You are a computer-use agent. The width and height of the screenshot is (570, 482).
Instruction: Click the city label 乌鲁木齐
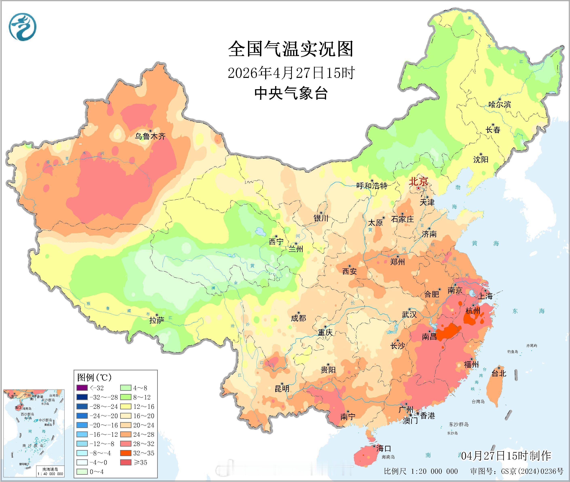tap(150, 136)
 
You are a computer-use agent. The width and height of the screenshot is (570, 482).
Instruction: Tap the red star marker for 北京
tap(418, 189)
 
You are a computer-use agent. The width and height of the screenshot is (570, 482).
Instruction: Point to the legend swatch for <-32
tap(82, 388)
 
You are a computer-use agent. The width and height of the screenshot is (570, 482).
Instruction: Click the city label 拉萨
tap(157, 320)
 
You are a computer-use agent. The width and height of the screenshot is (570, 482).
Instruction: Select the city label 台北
tap(499, 373)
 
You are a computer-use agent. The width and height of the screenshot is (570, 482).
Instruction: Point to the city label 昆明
tap(282, 388)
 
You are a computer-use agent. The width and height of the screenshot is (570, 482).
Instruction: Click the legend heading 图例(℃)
tap(94, 377)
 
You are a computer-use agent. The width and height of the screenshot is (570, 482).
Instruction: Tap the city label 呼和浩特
tap(372, 186)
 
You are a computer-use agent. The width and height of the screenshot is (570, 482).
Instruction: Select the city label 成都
tap(298, 318)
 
